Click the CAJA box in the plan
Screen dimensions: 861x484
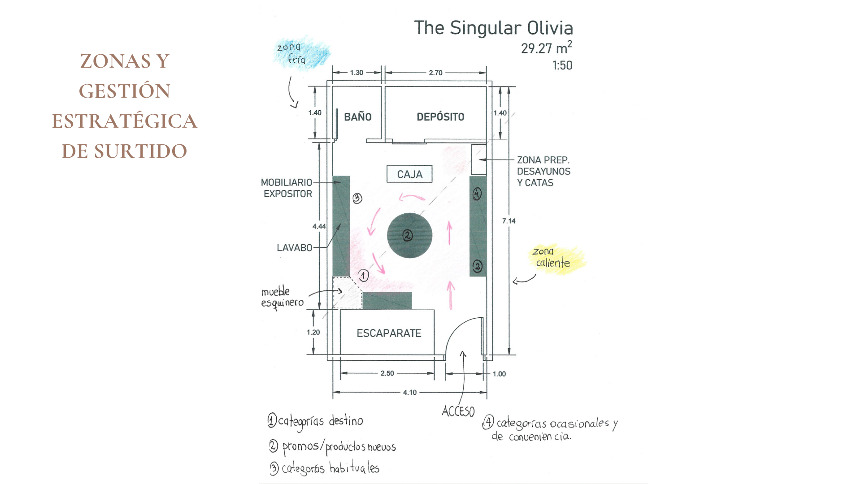[x=409, y=174]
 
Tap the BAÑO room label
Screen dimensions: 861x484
[x=358, y=117]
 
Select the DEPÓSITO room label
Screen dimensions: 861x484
[x=440, y=117]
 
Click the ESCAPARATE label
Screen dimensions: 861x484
[x=389, y=333]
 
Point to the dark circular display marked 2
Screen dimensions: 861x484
[x=409, y=235]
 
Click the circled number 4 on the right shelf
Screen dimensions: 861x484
[x=477, y=194]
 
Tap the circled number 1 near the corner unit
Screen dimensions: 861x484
[x=364, y=276]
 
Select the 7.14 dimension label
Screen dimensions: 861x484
[x=509, y=221]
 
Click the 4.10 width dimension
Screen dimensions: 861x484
[x=410, y=393]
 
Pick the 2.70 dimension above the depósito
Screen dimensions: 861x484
[x=435, y=73]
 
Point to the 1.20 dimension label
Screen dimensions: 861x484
[x=313, y=333]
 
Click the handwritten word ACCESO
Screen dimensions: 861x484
[x=458, y=411]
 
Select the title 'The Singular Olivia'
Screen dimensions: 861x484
[x=493, y=28]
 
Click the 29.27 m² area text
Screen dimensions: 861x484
[x=546, y=48]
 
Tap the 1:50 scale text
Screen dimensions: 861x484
[x=562, y=65]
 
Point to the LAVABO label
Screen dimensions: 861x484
[x=294, y=248]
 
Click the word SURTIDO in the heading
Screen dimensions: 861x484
[x=140, y=151]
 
